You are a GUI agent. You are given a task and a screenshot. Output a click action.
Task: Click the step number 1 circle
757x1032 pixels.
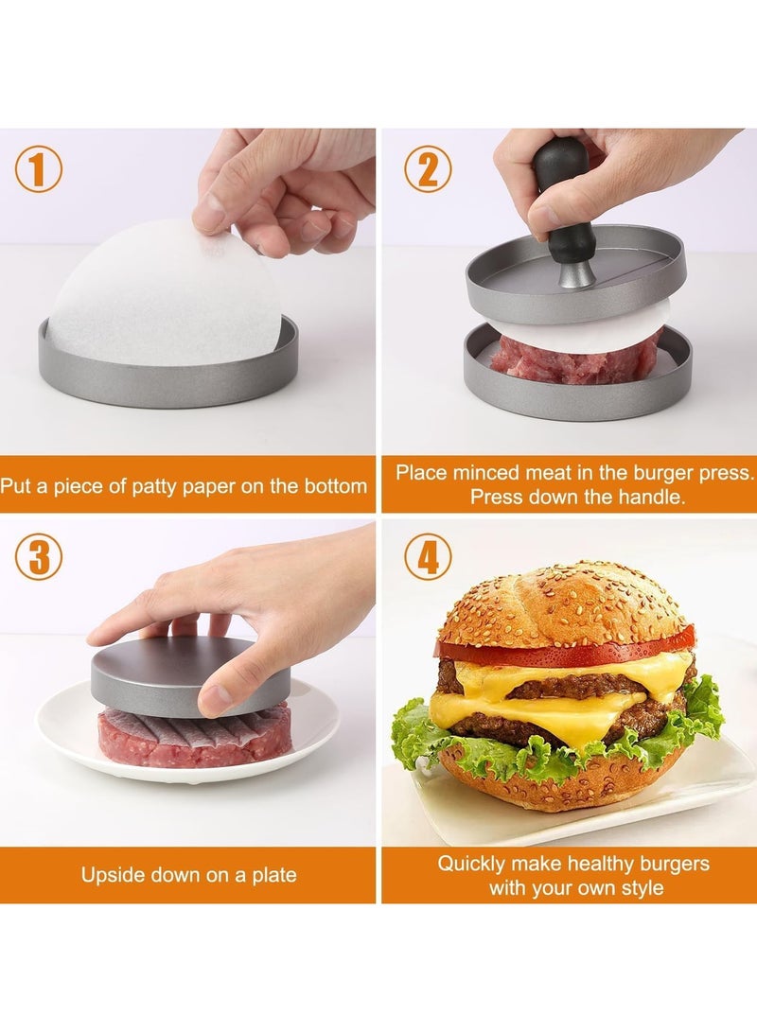pos(38,170)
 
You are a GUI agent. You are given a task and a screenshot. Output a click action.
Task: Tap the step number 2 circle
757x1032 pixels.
pos(428,170)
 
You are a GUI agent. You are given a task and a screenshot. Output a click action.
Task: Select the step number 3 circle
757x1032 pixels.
pos(38,557)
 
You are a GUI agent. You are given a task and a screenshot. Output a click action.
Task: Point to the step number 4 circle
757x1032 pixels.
pos(428,557)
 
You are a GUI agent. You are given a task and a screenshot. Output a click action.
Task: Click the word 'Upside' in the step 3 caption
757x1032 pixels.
pos(112,874)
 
